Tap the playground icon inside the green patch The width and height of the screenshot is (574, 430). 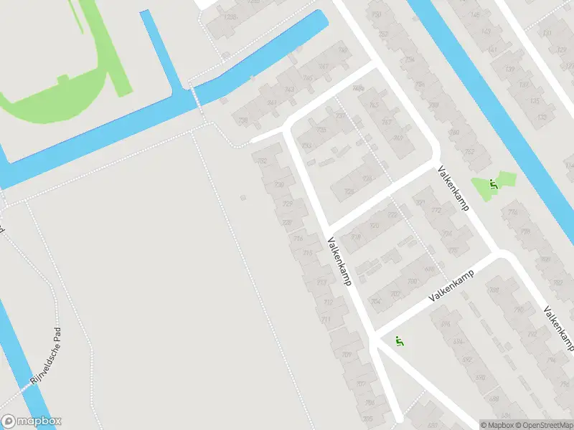[x=493, y=184]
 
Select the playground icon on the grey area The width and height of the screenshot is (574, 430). [x=400, y=342]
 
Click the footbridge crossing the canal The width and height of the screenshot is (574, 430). [x=197, y=99]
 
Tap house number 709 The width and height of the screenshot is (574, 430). [x=347, y=355]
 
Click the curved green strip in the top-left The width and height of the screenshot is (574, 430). [x=65, y=100]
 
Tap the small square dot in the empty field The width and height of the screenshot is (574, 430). [x=243, y=197]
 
